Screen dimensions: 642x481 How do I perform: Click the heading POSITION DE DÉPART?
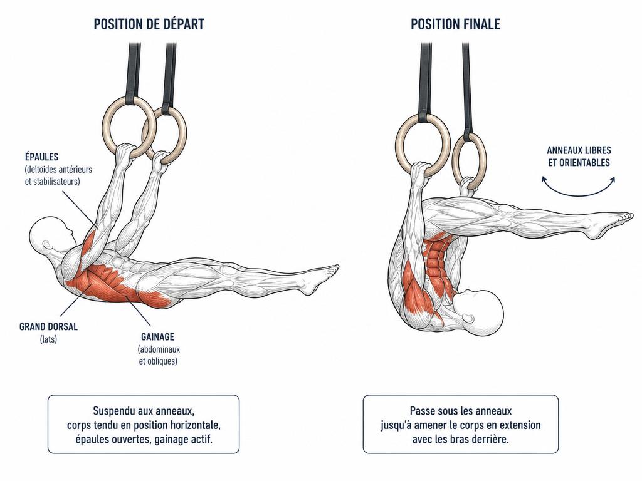point(149,24)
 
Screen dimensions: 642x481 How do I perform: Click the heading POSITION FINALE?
point(455,24)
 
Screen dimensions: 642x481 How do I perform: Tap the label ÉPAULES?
point(41,157)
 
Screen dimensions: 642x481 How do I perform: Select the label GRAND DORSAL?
point(48,326)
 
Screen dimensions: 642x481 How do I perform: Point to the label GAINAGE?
point(157,337)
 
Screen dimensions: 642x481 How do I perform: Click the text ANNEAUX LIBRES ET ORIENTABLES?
point(579,156)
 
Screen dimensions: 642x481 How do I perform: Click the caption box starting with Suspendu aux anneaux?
point(144,424)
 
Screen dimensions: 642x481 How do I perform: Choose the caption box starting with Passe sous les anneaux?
point(461,424)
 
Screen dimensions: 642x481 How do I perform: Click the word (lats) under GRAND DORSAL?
point(48,339)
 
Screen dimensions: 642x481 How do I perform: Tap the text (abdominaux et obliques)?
point(159,356)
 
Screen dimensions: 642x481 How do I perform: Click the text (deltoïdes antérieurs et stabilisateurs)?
point(58,175)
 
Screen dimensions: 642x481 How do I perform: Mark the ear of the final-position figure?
point(467,318)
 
